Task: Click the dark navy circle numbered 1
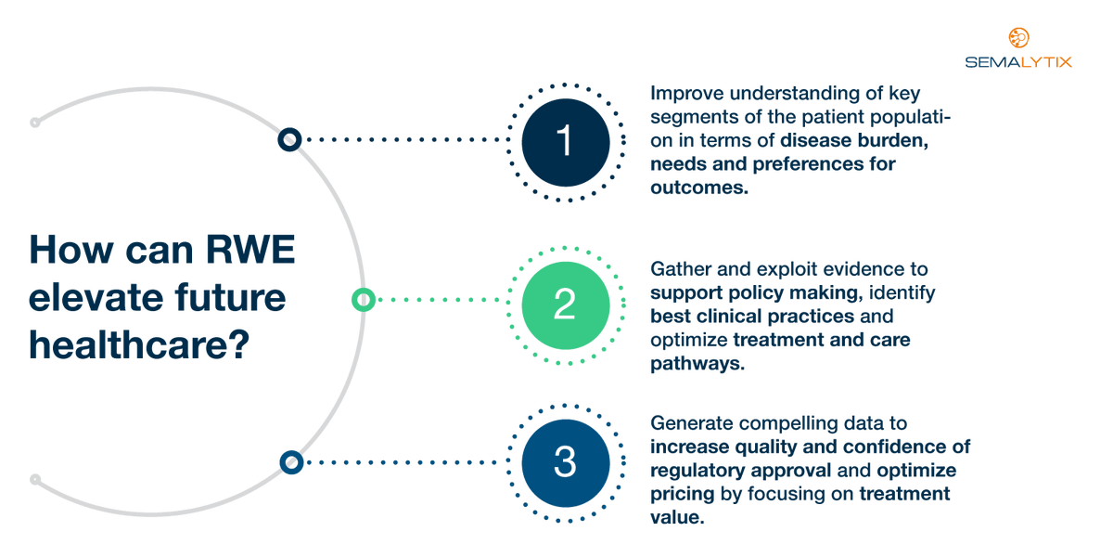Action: pyautogui.click(x=565, y=142)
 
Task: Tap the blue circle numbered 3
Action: pyautogui.click(x=565, y=462)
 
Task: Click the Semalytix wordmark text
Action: pyautogui.click(x=1017, y=62)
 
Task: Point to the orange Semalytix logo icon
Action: pyautogui.click(x=1018, y=38)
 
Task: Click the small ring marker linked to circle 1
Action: pyautogui.click(x=289, y=140)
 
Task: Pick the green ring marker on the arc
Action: pyautogui.click(x=363, y=300)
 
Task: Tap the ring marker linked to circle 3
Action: pyautogui.click(x=291, y=461)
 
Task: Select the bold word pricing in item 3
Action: pyautogui.click(x=683, y=494)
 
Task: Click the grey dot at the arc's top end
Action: pyautogui.click(x=34, y=122)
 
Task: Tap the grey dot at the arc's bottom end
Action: pyautogui.click(x=35, y=480)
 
